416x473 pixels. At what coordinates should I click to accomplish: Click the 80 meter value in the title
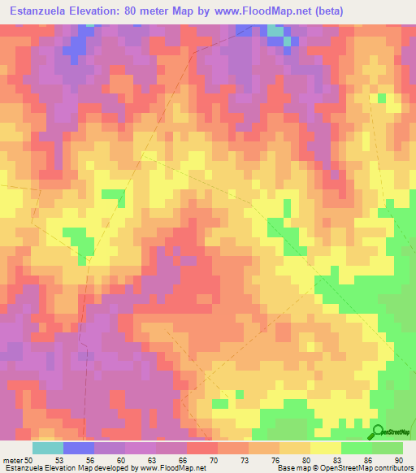155,11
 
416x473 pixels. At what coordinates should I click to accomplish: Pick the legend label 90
398,459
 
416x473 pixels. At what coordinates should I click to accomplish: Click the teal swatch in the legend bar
47,448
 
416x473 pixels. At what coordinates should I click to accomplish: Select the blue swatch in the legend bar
78,448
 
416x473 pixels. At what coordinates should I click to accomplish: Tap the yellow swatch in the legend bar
325,448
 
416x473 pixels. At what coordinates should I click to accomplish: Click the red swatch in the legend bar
201,448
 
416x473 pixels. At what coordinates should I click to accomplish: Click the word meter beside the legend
12,459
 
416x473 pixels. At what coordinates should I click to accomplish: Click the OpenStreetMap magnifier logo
376,432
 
